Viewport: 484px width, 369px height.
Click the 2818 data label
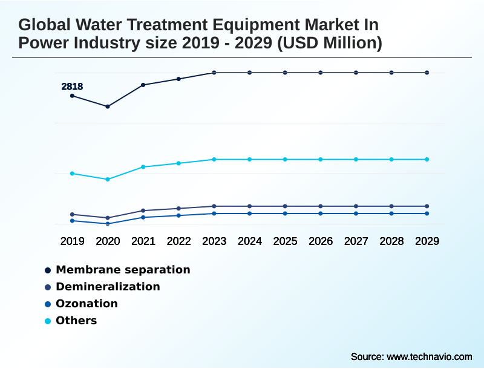click(72, 87)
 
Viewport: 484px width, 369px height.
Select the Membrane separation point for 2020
click(108, 106)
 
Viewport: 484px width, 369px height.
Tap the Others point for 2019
click(72, 174)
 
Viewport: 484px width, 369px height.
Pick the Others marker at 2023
click(214, 159)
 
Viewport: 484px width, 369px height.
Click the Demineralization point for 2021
click(143, 211)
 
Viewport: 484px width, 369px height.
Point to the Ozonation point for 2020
click(108, 224)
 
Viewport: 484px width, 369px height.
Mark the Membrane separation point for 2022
click(178, 79)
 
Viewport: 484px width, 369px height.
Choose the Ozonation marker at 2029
click(427, 214)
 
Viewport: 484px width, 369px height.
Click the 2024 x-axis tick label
click(250, 241)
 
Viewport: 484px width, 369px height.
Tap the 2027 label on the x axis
click(356, 241)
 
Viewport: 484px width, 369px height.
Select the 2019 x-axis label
click(72, 241)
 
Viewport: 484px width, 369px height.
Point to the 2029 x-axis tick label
click(427, 241)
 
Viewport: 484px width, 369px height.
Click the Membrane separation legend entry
click(123, 270)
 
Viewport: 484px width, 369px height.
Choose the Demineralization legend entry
click(108, 287)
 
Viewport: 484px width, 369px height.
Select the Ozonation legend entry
click(87, 304)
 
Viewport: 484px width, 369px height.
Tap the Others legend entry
click(76, 321)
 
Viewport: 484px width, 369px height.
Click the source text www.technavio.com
click(429, 356)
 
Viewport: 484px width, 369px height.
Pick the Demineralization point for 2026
click(321, 206)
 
